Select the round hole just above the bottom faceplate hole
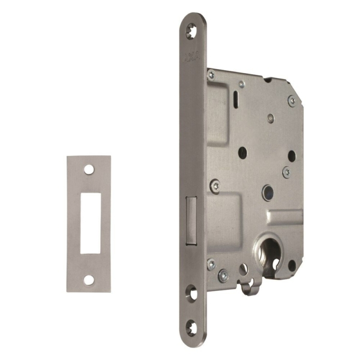coord(192,294)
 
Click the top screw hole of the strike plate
coord(88,170)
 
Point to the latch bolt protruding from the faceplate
coord(191,221)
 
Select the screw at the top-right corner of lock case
coord(292,100)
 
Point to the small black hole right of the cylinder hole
coord(292,264)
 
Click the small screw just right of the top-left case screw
coord(241,85)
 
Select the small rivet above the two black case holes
coord(271,118)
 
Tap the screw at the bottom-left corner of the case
coord(211,263)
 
